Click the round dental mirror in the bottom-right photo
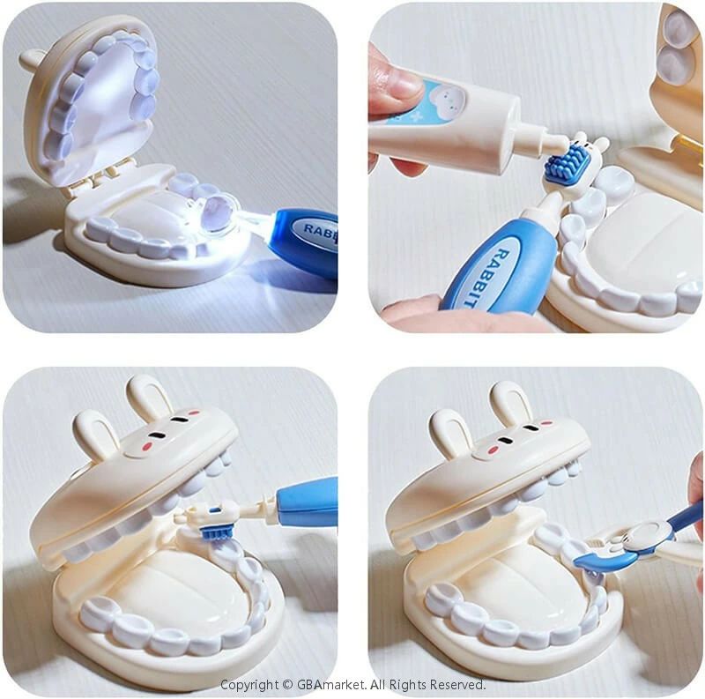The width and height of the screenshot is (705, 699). point(649,534)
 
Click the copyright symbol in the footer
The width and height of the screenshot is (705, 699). point(287,685)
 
